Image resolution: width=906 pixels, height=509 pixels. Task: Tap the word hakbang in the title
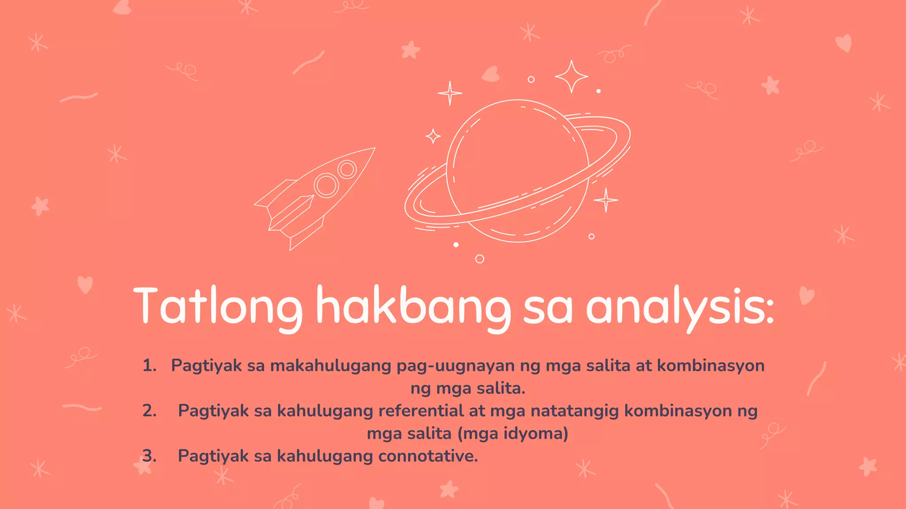pyautogui.click(x=413, y=306)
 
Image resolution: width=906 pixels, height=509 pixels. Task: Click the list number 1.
pyautogui.click(x=149, y=366)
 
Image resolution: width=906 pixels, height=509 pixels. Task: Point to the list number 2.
pyautogui.click(x=149, y=411)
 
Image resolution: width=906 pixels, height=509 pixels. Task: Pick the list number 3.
pyautogui.click(x=149, y=456)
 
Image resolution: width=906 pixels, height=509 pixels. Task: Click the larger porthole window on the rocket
pyautogui.click(x=326, y=185)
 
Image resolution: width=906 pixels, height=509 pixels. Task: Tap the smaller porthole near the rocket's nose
pyautogui.click(x=347, y=169)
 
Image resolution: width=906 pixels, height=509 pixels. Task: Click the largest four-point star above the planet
pyautogui.click(x=571, y=76)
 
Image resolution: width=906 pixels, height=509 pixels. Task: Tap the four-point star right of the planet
pyautogui.click(x=606, y=200)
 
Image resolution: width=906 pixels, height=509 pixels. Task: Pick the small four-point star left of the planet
pyautogui.click(x=433, y=136)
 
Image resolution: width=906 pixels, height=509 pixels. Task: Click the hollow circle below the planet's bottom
pyautogui.click(x=480, y=259)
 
